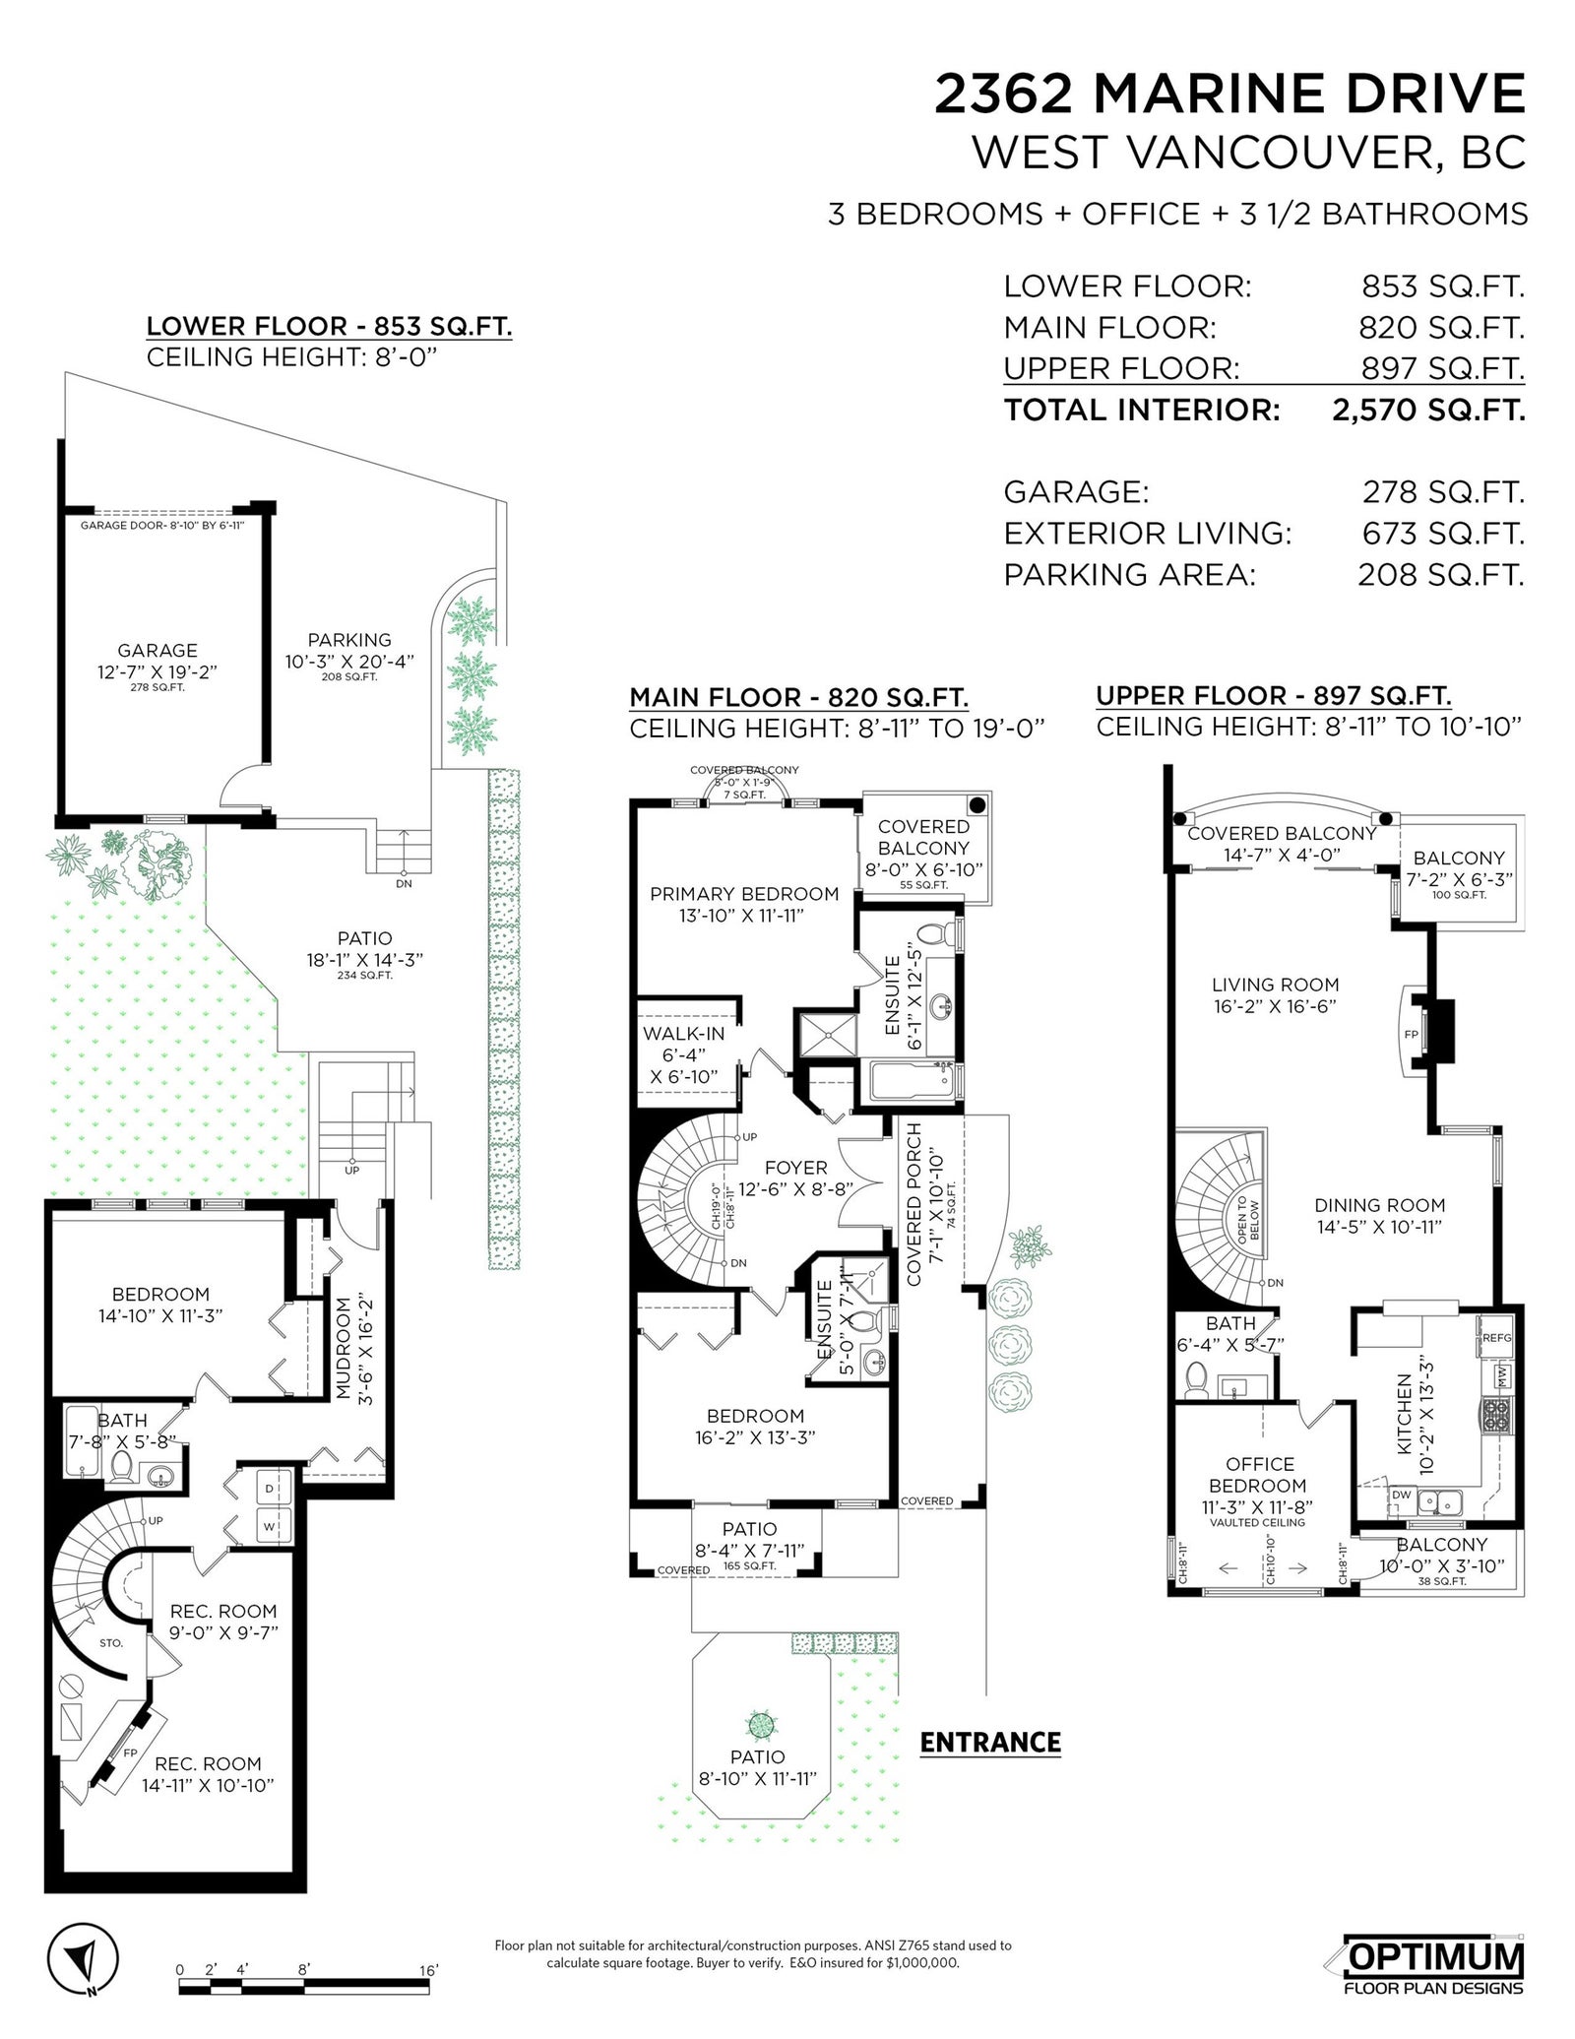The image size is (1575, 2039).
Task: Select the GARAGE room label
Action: (x=157, y=651)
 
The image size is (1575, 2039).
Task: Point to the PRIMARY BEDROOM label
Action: (x=744, y=894)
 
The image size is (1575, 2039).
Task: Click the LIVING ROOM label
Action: (x=1275, y=985)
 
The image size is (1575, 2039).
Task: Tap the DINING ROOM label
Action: (x=1379, y=1205)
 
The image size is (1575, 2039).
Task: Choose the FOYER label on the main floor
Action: (x=795, y=1168)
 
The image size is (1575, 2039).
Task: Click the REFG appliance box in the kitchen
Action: (x=1495, y=1338)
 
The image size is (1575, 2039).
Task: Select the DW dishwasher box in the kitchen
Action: (x=1402, y=1495)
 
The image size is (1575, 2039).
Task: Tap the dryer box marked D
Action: (x=269, y=1488)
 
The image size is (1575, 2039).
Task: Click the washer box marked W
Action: (x=269, y=1527)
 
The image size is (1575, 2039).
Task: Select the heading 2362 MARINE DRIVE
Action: (x=1230, y=95)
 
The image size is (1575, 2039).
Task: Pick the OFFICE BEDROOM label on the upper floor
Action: (x=1260, y=1475)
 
